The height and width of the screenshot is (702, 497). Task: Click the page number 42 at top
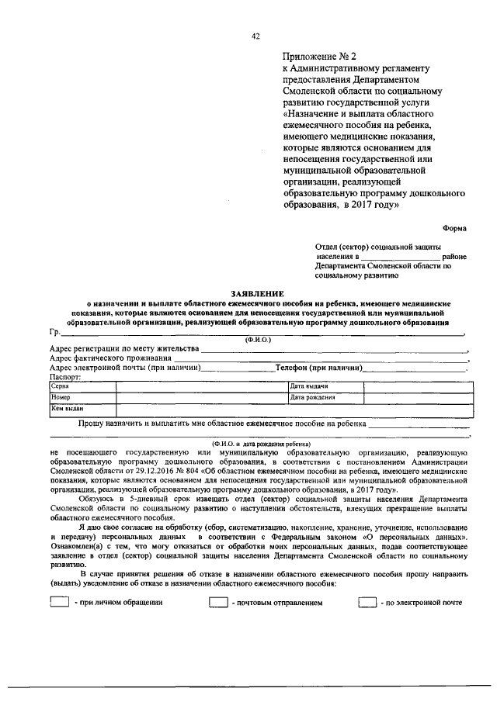coord(255,36)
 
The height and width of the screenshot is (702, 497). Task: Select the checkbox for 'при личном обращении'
coord(59,602)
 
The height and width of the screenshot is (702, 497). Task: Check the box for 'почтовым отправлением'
coord(217,602)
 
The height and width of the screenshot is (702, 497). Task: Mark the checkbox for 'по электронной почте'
coord(367,602)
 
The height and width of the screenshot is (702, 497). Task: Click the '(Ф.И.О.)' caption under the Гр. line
coord(258,340)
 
